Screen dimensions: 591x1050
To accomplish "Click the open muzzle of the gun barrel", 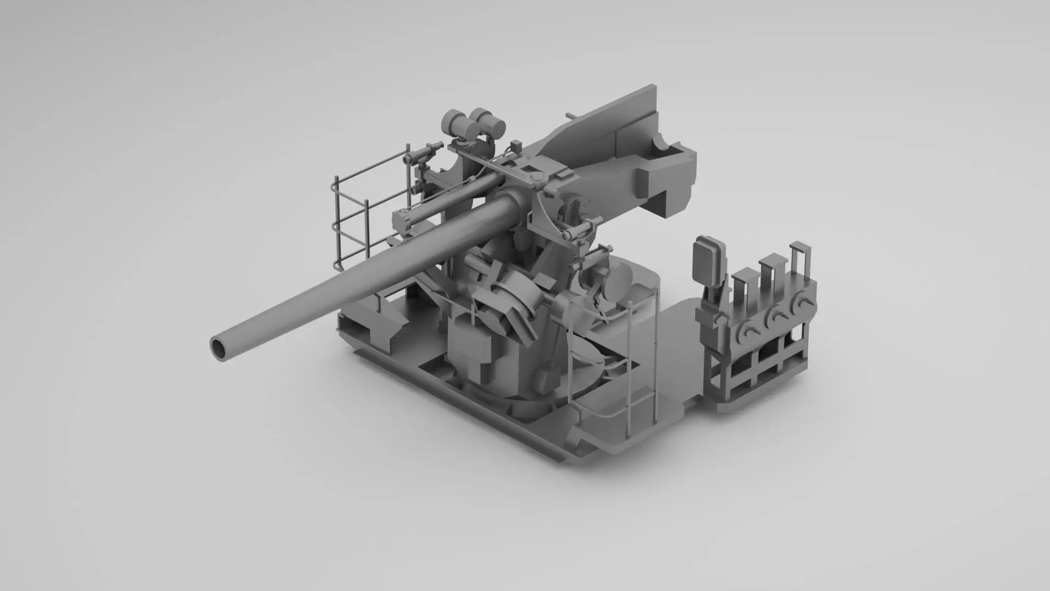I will (220, 348).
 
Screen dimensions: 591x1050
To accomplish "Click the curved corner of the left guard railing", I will (335, 189).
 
